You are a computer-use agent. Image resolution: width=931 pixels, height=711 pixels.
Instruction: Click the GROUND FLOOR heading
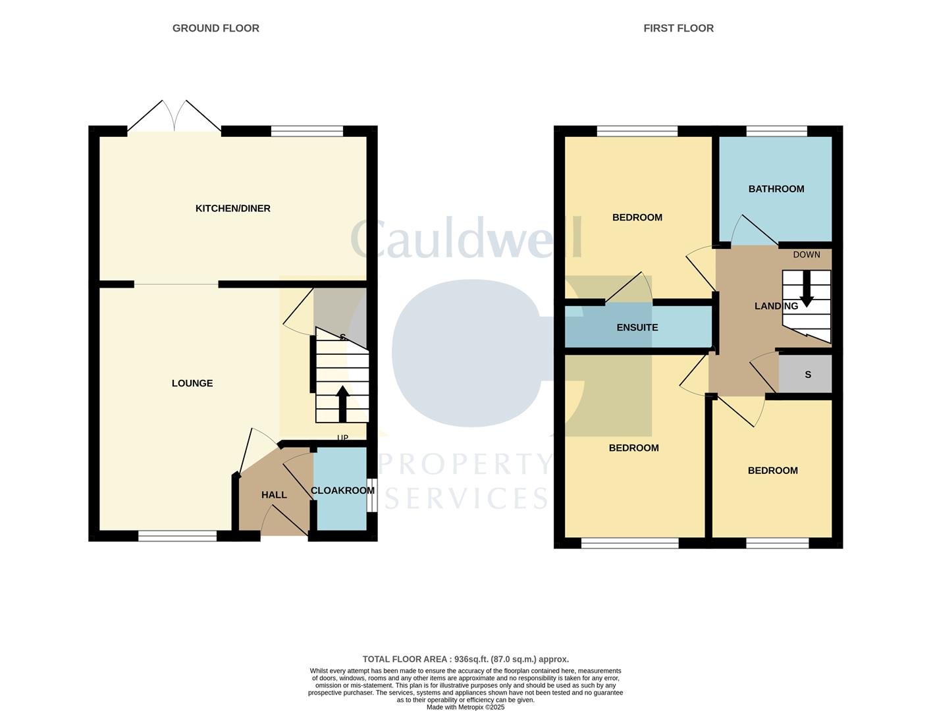pos(215,28)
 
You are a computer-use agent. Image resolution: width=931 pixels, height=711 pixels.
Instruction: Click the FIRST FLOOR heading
pos(678,28)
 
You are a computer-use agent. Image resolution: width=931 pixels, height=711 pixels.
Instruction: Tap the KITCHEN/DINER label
pos(233,209)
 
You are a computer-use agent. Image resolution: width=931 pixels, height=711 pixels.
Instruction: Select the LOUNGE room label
pos(192,383)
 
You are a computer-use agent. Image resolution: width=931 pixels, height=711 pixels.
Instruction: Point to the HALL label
pos(274,495)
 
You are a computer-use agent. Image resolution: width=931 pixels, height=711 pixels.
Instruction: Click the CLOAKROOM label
pos(342,490)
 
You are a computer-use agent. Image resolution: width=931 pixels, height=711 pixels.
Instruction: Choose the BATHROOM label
pos(776,189)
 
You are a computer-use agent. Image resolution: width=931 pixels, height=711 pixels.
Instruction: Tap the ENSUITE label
pos(637,327)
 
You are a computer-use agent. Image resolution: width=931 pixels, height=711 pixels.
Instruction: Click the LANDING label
pos(776,306)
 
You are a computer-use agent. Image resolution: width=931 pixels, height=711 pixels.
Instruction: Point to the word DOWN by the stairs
pos(807,255)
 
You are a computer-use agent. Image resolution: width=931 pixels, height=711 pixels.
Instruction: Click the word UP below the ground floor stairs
pos(342,438)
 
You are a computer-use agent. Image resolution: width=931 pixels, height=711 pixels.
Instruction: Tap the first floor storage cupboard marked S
pos(807,375)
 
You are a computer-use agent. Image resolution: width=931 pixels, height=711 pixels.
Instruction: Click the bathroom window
pos(777,131)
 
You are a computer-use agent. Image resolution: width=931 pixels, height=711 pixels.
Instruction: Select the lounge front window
pos(178,537)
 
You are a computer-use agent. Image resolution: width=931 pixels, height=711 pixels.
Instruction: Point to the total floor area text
pos(465,659)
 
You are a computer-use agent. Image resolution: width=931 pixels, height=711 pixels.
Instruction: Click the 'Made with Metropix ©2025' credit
pos(465,707)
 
